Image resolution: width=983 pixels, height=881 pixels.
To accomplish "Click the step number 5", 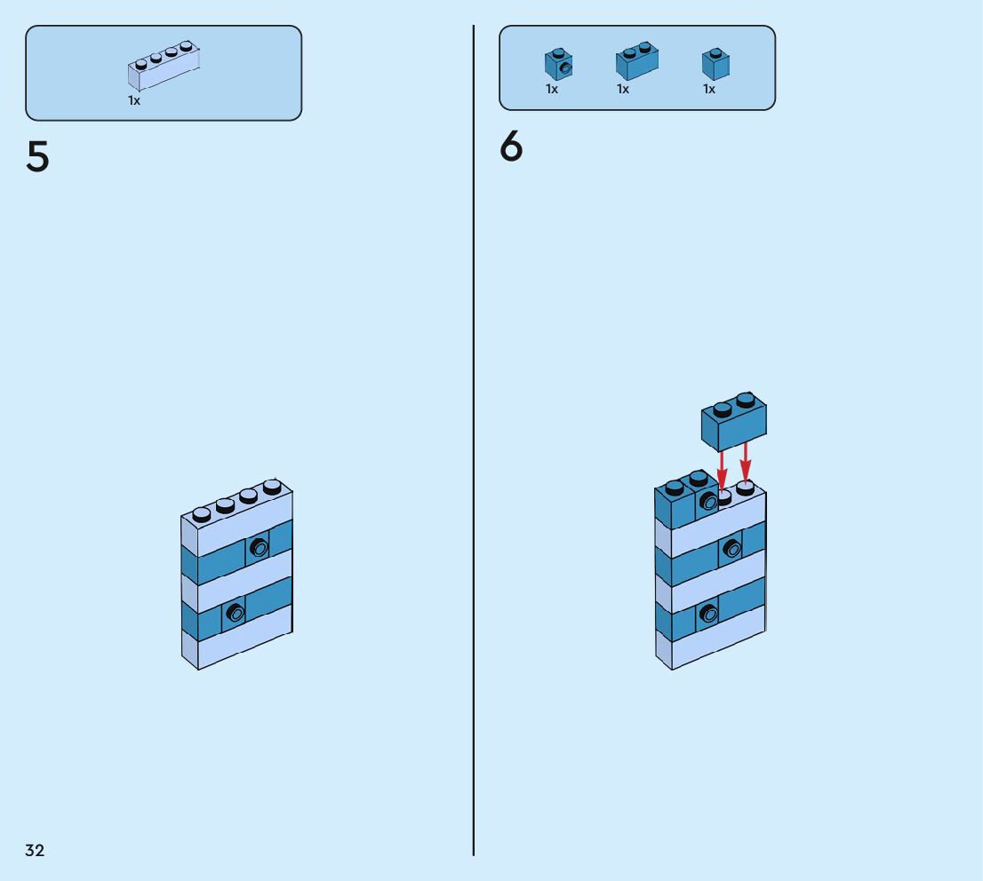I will point(37,157).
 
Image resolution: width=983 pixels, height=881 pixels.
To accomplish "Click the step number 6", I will point(511,147).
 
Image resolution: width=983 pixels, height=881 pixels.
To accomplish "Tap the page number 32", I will point(35,851).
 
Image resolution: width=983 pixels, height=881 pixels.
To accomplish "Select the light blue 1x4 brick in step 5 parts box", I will point(164,67).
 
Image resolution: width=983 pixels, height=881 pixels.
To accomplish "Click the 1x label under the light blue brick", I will point(134,100).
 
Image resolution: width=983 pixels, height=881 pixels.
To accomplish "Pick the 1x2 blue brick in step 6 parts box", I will point(637,61).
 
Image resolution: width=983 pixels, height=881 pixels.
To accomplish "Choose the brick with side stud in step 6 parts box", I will point(558,64).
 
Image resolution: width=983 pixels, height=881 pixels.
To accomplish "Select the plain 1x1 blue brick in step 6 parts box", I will point(715,64).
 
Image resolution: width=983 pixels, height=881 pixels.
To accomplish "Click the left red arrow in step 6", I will point(722,468).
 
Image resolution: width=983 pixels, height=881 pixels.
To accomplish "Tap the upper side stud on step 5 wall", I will point(259,547).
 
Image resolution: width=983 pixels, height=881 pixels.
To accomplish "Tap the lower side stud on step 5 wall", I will point(235,611).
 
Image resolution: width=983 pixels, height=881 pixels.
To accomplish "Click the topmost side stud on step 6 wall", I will point(708,502).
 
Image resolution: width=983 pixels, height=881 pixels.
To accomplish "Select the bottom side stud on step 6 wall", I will point(708,613).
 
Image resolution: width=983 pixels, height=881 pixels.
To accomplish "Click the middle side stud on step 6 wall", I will point(731,548).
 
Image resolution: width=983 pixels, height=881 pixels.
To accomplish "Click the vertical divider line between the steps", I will point(474,444).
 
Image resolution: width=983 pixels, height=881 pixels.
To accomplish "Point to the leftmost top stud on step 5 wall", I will point(202,513).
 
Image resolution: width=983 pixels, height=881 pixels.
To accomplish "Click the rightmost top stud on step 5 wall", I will point(272,487).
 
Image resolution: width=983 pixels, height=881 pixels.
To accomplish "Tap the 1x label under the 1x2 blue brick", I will point(623,89).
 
